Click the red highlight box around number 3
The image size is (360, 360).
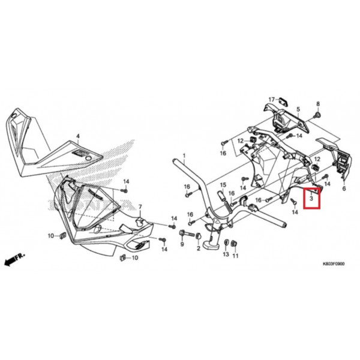pos(304,198)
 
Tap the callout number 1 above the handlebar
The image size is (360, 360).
pos(184,156)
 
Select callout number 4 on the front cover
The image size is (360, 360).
pos(78,136)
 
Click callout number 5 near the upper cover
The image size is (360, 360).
pos(298,109)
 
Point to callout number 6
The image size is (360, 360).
pos(344,189)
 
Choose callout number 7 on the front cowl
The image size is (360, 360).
pos(140,207)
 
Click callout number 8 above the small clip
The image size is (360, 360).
pos(318,104)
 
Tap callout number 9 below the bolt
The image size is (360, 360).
pos(182,244)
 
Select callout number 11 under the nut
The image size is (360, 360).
pos(235,256)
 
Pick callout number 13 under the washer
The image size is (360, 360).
pos(226,254)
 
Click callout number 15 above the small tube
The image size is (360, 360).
pos(223,185)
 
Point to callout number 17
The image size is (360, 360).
pos(272,100)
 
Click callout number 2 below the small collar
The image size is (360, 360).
pos(199,248)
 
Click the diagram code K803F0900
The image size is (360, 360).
pos(334,264)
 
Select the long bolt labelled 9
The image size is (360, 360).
pos(187,234)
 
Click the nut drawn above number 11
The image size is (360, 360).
pos(234,244)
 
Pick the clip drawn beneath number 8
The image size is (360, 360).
pos(318,115)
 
